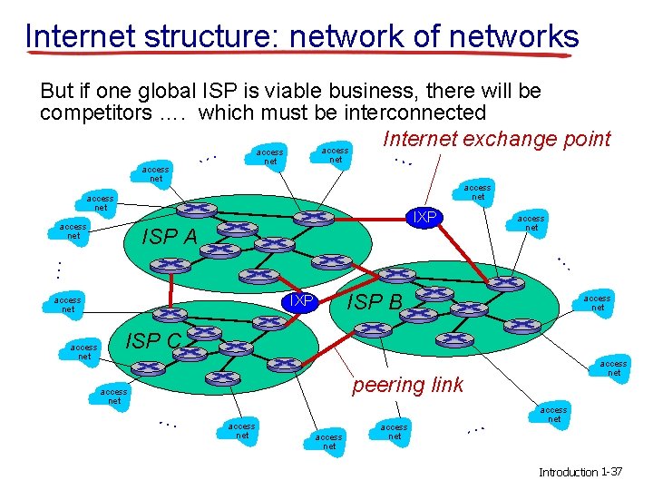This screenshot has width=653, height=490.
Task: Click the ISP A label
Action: (171, 238)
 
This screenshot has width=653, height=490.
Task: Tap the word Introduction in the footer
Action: (569, 473)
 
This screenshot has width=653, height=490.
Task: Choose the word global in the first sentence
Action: (168, 92)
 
